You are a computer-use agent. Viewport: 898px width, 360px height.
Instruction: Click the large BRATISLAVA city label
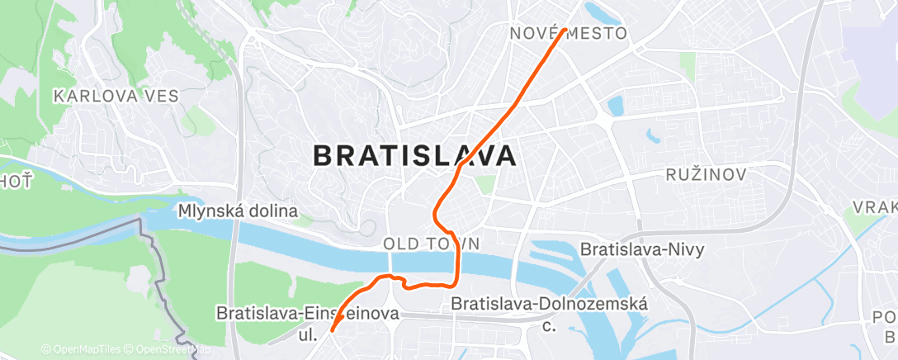pos(416,155)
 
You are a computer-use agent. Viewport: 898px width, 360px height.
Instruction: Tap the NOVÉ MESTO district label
pos(568,33)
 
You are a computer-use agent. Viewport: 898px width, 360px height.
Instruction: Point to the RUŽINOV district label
pos(706,175)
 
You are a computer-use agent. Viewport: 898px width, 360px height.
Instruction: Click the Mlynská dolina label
pos(237,212)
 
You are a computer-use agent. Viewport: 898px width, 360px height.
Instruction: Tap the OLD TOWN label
pos(431,244)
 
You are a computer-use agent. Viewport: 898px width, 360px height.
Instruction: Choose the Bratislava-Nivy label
pos(642,249)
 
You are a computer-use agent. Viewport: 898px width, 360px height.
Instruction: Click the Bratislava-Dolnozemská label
pos(549,304)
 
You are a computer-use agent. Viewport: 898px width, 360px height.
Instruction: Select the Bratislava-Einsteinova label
pos(307,314)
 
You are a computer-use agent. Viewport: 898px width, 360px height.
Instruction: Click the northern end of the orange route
pos(565,31)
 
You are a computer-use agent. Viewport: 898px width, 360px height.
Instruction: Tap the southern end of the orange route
pos(332,331)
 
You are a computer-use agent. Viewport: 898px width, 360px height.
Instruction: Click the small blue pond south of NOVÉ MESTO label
pos(614,106)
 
